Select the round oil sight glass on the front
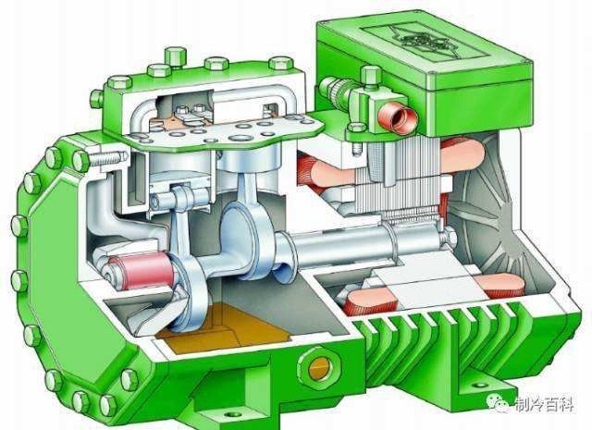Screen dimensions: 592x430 click(319, 366)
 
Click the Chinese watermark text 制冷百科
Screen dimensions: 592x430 click(544, 404)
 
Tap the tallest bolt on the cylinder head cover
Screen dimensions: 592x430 click(176, 55)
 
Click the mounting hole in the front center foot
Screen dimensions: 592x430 click(232, 414)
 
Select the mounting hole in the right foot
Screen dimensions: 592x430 click(480, 385)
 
